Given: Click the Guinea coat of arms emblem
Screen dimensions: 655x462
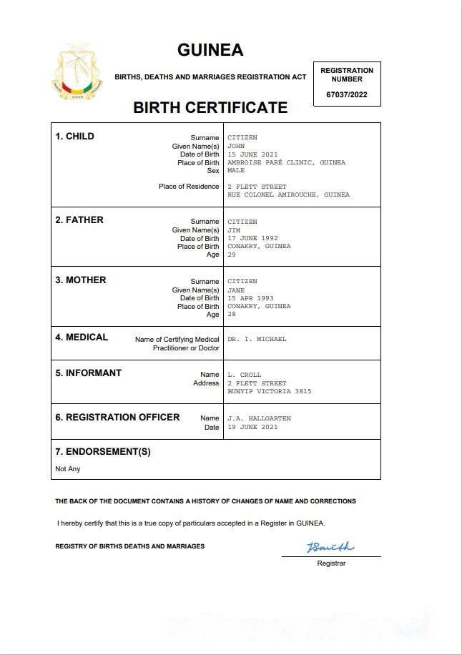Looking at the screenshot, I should click(75, 81).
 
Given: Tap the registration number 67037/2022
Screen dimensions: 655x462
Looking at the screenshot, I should click(347, 94).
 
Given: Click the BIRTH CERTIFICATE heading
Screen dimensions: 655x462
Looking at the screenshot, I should click(210, 108).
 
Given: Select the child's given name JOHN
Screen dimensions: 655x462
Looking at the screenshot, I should click(236, 146).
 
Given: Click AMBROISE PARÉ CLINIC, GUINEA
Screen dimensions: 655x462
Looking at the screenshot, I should click(286, 162).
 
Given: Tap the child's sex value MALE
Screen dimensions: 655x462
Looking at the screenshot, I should click(236, 171).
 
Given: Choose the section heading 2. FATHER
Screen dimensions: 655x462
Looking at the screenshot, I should click(79, 220).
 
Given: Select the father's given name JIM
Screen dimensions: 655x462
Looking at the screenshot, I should click(234, 230).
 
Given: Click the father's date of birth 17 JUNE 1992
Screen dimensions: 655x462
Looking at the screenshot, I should click(252, 238).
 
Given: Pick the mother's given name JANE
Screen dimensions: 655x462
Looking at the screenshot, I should click(236, 290).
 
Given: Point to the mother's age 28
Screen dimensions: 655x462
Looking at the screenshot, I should click(232, 315).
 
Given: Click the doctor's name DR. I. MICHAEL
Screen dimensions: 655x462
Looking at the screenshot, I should click(257, 339).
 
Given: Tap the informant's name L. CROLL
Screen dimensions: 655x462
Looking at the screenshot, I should click(245, 375).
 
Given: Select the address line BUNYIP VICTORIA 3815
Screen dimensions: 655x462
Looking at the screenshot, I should click(270, 391).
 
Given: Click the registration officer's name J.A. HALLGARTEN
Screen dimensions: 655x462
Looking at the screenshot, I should click(260, 418).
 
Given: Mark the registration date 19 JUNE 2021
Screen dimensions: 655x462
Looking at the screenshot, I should click(252, 427).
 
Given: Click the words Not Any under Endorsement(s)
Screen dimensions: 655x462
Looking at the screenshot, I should click(68, 469).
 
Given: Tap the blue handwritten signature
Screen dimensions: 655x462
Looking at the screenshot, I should click(330, 547).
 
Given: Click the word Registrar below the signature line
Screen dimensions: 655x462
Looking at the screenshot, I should click(331, 563).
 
